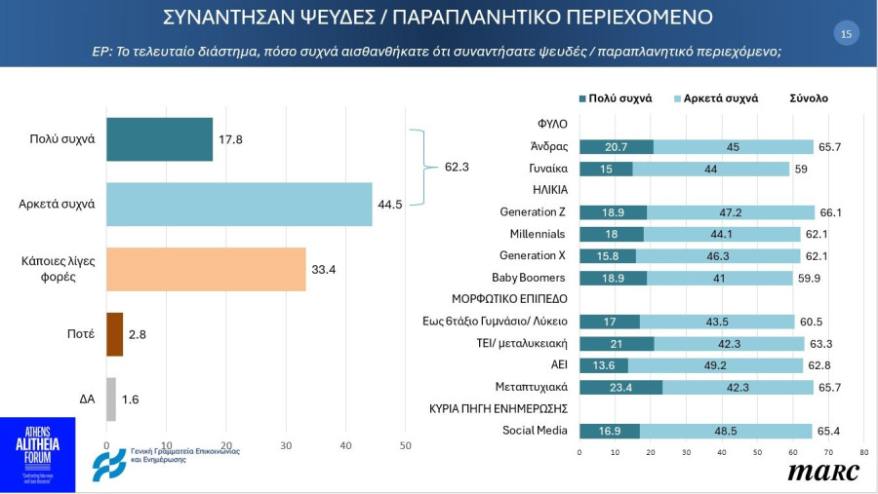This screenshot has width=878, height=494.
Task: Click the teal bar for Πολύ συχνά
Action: point(159,139)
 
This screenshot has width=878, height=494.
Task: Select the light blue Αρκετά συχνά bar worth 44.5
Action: point(239,204)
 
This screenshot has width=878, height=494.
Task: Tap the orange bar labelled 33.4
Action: point(206,269)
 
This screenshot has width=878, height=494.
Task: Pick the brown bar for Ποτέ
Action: point(114,334)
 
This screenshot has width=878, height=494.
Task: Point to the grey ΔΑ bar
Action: point(110,399)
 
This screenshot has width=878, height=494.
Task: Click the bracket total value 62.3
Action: point(457,167)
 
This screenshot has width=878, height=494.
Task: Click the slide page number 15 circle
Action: point(845,34)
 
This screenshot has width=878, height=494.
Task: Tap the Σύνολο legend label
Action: point(808,98)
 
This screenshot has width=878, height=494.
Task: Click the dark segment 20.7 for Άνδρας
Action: point(617,147)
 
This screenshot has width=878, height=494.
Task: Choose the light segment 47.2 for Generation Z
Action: point(731,212)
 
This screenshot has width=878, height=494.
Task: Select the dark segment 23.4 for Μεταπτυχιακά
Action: point(620,387)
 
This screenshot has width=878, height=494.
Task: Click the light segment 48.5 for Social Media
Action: point(725,430)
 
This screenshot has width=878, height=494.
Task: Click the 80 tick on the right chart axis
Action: point(863,452)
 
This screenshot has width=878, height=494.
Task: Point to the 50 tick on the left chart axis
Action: point(406,445)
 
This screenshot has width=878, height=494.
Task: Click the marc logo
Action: point(823,472)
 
